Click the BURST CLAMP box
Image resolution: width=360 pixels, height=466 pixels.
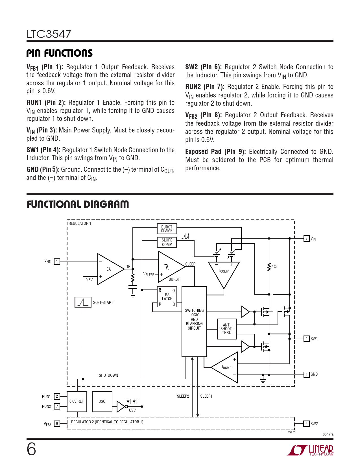167,229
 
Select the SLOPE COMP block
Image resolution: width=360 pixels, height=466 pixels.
167,242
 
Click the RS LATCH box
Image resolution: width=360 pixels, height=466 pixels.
167,297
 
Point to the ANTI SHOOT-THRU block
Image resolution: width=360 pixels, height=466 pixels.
227,329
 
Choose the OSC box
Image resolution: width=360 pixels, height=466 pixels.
102,401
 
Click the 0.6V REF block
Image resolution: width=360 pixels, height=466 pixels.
77,401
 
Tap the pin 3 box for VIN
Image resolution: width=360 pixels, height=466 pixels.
306,238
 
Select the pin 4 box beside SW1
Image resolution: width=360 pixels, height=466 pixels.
306,338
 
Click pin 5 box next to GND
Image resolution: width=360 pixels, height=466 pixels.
306,374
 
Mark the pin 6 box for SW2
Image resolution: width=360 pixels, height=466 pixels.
306,424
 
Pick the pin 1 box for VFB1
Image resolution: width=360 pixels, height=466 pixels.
57,262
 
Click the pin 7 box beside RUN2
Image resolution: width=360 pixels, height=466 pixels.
57,406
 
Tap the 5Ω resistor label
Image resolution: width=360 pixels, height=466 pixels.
274,267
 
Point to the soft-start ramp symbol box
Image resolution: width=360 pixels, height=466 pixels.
83,302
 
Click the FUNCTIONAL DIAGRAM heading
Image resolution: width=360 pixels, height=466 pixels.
78,204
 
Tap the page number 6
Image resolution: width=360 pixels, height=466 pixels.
31,449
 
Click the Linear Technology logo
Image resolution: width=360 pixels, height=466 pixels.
311,450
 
